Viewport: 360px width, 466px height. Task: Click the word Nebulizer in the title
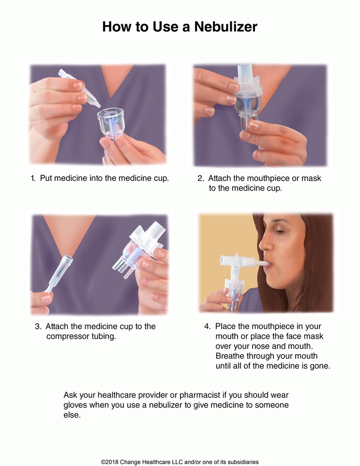pos(226,27)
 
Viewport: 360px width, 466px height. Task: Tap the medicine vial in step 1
pos(79,88)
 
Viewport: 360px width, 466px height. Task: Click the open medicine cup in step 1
pos(110,122)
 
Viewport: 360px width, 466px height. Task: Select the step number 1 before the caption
pos(33,178)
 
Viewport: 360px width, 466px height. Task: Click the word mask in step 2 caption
pos(311,178)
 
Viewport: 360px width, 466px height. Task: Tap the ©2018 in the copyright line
pos(110,462)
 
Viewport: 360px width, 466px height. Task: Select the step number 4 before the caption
pos(207,327)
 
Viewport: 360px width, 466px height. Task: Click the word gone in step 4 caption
pos(320,366)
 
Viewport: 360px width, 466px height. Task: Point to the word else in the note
pos(72,415)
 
